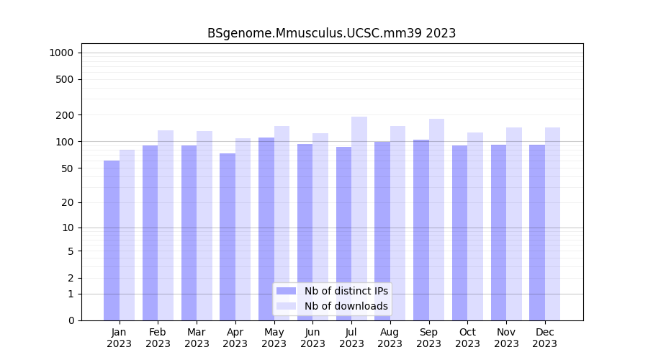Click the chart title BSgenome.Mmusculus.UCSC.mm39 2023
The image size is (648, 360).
click(331, 33)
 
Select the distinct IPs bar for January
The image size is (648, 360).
click(112, 240)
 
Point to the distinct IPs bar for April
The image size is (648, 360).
click(228, 237)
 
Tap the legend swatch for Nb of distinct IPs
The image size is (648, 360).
click(286, 291)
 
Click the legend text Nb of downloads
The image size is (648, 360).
click(346, 306)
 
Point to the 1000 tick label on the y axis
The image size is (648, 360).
click(61, 53)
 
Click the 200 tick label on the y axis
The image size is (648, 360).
click(66, 115)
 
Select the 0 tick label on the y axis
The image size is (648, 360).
click(71, 320)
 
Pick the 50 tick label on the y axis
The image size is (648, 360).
click(68, 168)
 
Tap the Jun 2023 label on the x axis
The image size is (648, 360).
click(312, 338)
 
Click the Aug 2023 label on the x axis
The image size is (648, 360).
click(390, 338)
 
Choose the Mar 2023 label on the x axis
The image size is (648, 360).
click(197, 338)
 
